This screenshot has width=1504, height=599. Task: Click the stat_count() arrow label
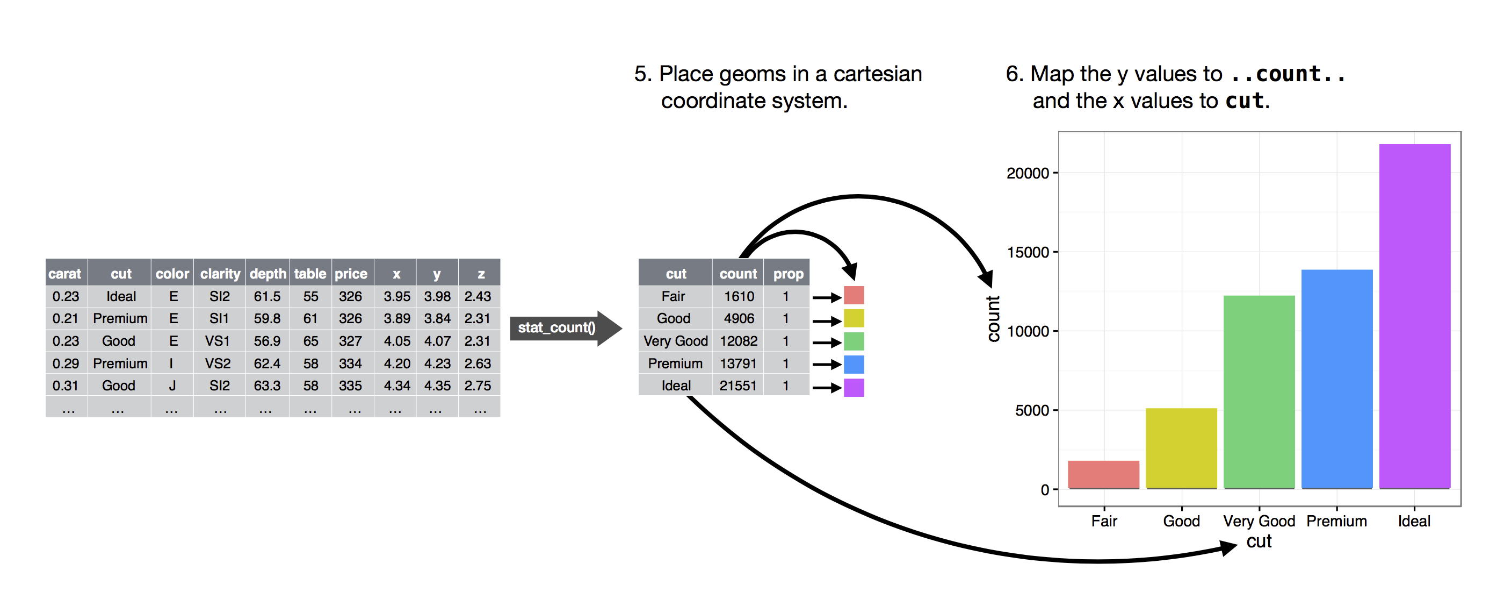[556, 328]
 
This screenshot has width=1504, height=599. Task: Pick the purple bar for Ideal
[1414, 316]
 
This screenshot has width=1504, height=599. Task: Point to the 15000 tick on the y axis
[1028, 253]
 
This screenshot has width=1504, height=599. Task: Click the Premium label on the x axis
[1336, 520]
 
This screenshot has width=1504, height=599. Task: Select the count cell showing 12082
[738, 341]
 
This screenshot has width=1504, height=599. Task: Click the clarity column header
[220, 274]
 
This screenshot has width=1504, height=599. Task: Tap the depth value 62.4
[267, 363]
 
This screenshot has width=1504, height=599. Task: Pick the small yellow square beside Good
[854, 318]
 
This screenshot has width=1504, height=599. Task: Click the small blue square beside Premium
[854, 364]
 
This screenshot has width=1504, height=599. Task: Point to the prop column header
[787, 274]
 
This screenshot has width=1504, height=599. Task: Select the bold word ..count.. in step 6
[1288, 74]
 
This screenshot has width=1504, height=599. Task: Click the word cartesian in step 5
[877, 74]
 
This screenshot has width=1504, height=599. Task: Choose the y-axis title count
[993, 318]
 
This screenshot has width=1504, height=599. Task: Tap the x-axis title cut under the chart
[1259, 541]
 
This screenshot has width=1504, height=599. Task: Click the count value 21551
[738, 386]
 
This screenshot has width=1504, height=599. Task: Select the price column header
[351, 274]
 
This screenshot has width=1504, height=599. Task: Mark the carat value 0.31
[66, 386]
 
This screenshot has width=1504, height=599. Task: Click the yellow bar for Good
[1181, 448]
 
